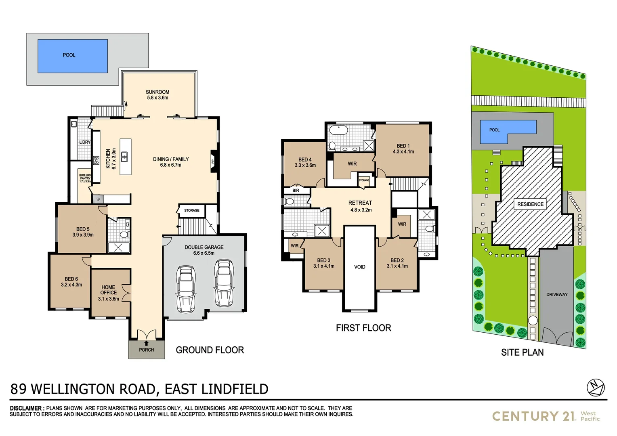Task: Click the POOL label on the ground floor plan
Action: coord(69,55)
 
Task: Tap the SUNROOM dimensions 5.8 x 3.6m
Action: coord(157,98)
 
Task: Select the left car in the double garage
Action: coord(186,289)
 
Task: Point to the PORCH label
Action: coord(147,350)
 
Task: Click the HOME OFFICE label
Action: coord(109,290)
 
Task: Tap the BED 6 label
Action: coord(71,279)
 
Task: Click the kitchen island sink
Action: coord(125,155)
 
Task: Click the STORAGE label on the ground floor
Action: coord(192,210)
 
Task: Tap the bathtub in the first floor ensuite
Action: coord(338,130)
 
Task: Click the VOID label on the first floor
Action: coord(359,267)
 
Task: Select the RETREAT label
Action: coord(360,203)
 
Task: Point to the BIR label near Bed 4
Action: coord(296,191)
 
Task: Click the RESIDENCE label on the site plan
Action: coord(530,204)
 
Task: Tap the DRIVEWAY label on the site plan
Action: coord(557,294)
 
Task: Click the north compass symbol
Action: coord(596,387)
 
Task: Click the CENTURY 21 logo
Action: coord(533,416)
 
